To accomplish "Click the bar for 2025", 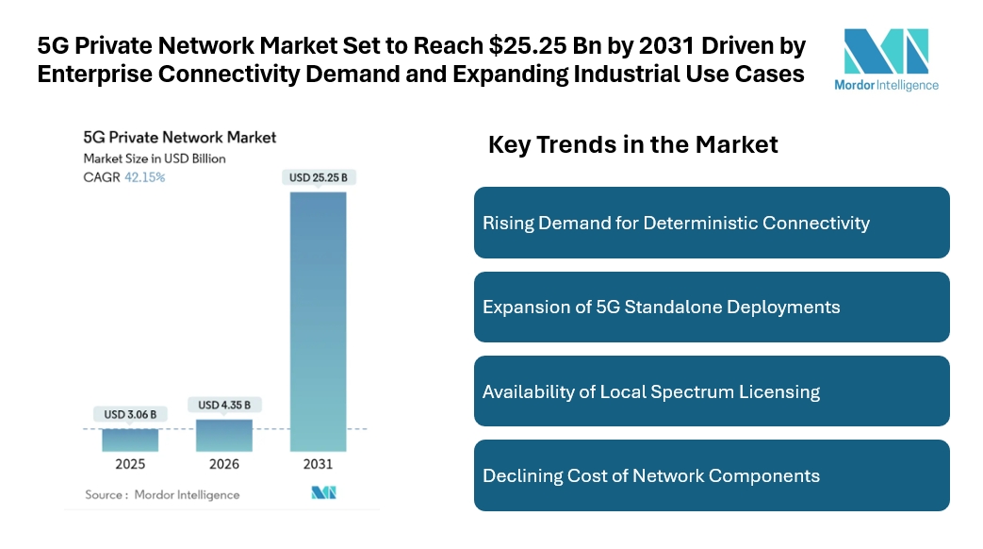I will [130, 440].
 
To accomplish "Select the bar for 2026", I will [224, 435].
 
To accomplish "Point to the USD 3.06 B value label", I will [131, 413].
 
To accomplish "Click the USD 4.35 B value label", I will [224, 405].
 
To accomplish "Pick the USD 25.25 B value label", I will [318, 177].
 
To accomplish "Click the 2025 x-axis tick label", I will [130, 464].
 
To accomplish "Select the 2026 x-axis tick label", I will [224, 464].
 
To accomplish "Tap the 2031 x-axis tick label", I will [318, 464].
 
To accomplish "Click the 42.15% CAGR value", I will [144, 177].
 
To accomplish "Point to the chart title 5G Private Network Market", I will [180, 138].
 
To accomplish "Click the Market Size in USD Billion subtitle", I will [155, 158].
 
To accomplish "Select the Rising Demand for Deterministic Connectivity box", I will [712, 223].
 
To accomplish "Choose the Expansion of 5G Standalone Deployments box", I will [712, 307].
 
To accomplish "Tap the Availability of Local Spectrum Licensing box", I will [712, 391].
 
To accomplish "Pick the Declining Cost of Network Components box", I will [712, 475].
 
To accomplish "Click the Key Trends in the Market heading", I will [632, 144].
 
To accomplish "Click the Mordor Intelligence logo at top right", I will [886, 58].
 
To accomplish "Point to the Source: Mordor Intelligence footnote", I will [162, 494].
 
